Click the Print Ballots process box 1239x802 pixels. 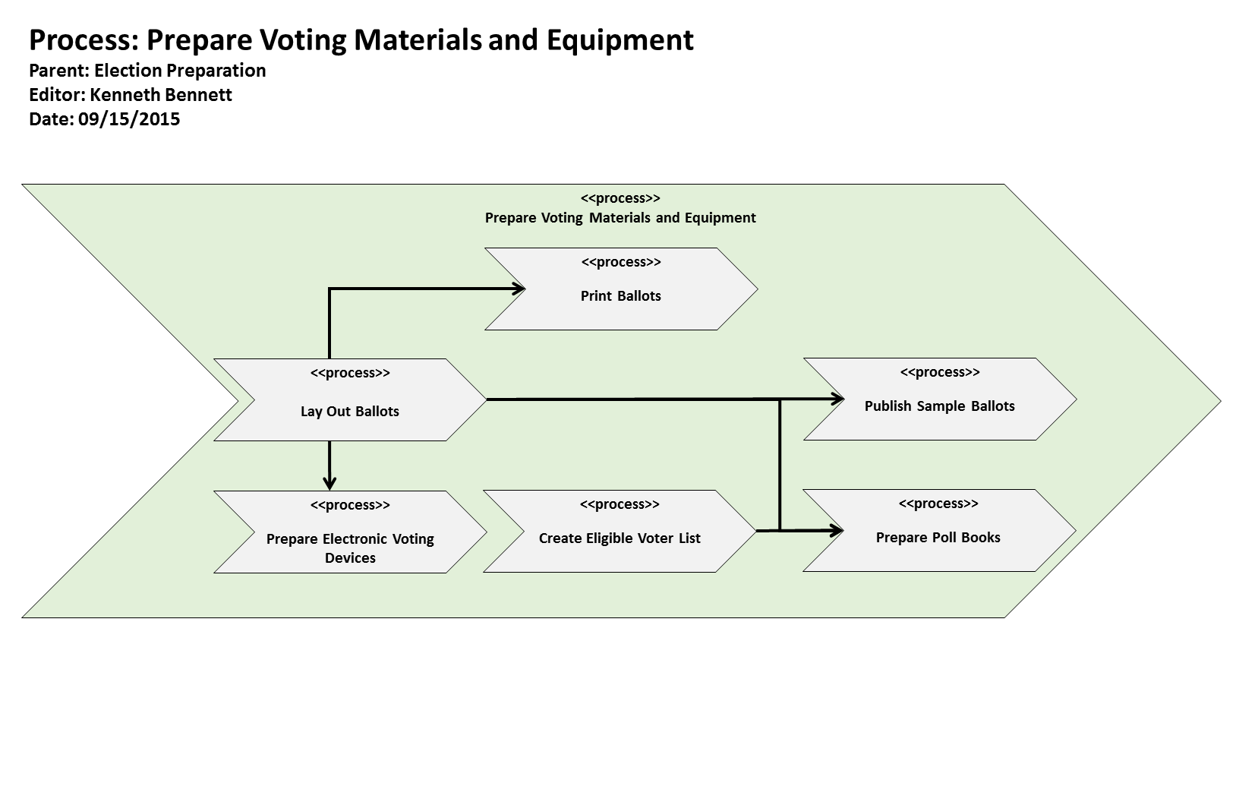point(620,296)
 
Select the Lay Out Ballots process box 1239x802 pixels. point(350,411)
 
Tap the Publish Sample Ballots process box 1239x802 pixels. point(939,406)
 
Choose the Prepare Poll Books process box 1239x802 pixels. point(938,538)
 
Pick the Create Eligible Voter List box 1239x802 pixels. point(619,538)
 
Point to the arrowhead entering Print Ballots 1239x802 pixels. point(520,289)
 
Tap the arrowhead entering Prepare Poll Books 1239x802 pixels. point(838,530)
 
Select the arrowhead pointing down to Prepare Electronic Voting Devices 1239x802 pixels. point(329,483)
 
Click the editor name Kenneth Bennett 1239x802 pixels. point(161,95)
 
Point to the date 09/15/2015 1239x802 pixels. point(129,119)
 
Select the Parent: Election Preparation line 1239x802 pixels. point(147,71)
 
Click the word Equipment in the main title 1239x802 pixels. point(620,39)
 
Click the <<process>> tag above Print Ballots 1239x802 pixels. point(621,262)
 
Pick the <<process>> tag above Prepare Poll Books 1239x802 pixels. point(938,504)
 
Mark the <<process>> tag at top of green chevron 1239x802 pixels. point(620,198)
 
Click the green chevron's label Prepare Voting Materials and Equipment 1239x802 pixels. point(620,218)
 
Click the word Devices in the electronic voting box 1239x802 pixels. point(350,558)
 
